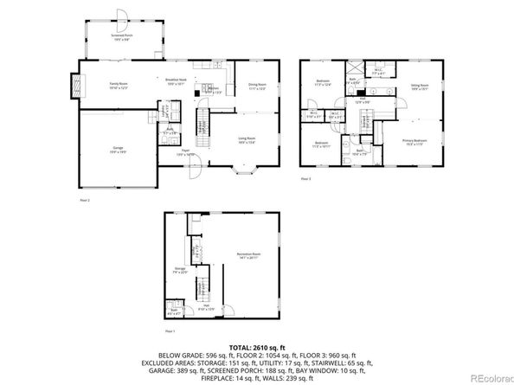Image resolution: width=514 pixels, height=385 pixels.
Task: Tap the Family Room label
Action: [119, 85]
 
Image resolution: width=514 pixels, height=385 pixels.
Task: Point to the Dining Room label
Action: [256, 87]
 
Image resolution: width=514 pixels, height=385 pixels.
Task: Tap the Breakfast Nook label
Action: [177, 81]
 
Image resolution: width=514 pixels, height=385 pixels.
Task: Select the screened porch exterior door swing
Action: [122, 16]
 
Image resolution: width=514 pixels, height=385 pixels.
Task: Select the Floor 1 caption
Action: [170, 330]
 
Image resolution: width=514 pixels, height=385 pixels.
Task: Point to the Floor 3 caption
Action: [305, 179]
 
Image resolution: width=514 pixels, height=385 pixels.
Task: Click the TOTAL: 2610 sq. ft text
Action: [256, 345]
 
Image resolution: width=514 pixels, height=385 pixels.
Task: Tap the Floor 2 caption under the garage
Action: [85, 200]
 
